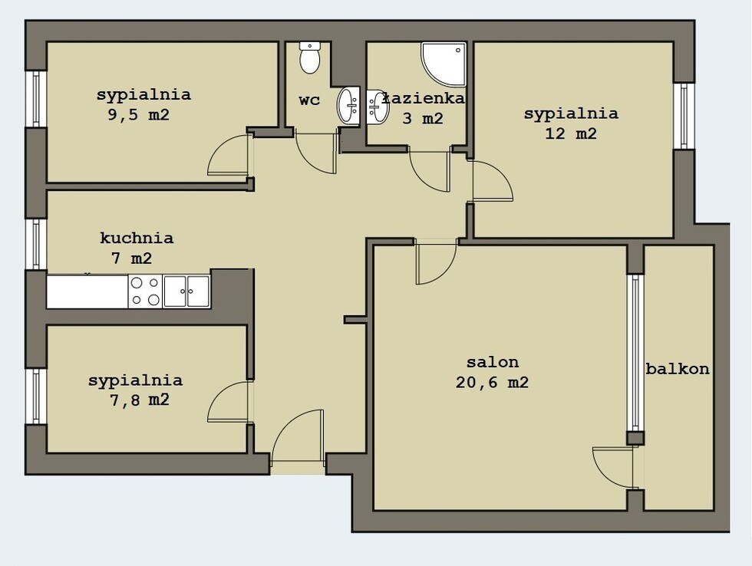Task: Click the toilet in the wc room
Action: coord(310,58)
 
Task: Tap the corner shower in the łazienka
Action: coord(444,64)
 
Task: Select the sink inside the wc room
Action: coord(348,105)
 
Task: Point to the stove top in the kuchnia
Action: coord(145,291)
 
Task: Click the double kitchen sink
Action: coord(186,291)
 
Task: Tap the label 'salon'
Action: coord(493,362)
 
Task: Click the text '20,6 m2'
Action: coord(492,383)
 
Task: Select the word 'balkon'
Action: coord(677,369)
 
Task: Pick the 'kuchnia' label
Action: coord(137,238)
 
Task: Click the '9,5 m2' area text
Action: coord(139,115)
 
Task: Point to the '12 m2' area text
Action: coord(571,133)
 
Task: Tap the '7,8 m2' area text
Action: coord(140,400)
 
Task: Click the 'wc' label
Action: coord(309,100)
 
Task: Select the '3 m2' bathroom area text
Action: coord(423,118)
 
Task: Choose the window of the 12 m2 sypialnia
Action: coord(684,116)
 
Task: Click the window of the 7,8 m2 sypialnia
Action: coord(35,396)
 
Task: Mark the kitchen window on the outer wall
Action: coord(35,244)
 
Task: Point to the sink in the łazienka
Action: coord(378,107)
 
